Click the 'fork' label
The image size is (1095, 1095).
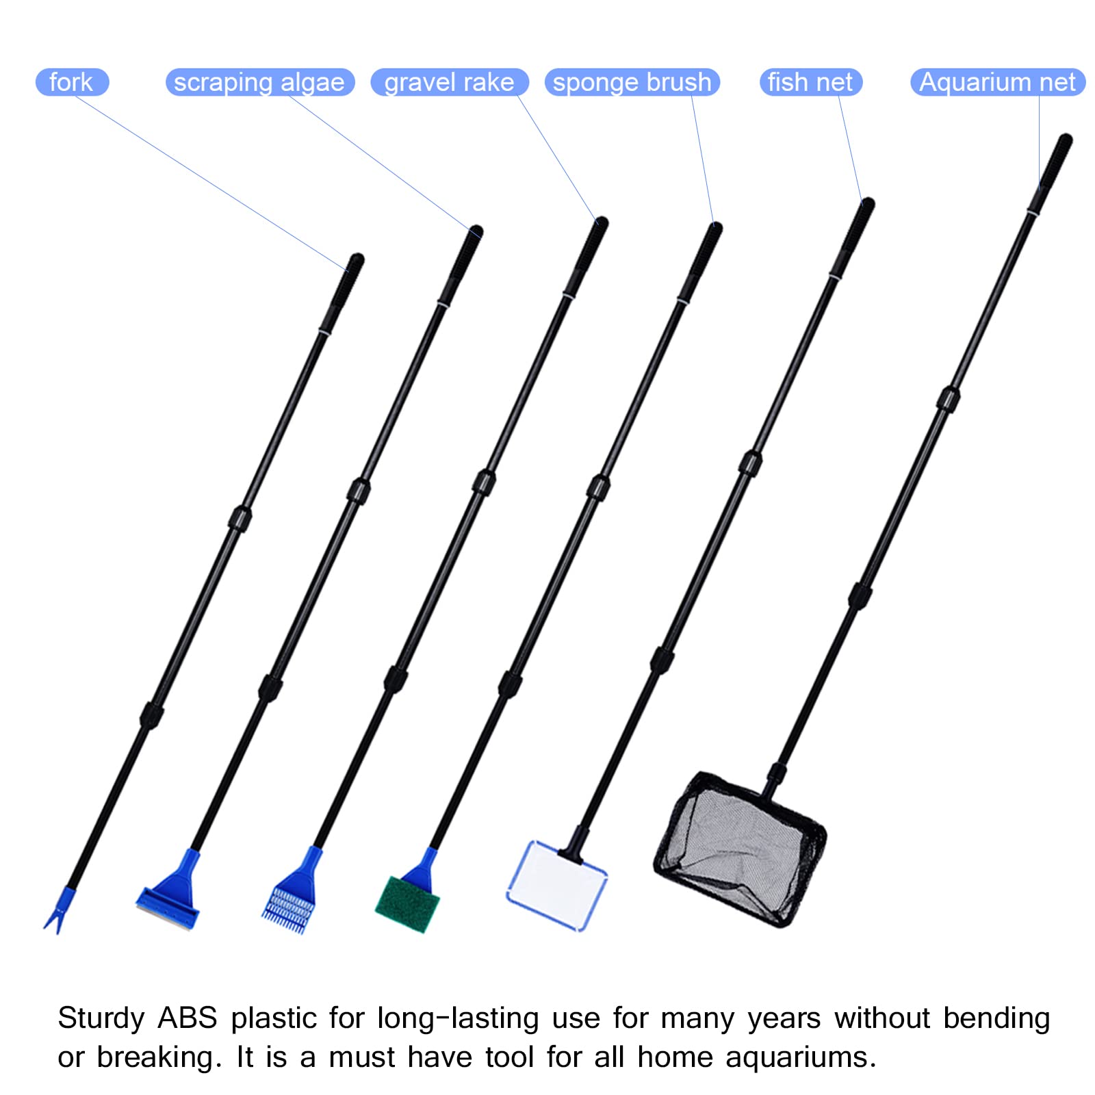(72, 82)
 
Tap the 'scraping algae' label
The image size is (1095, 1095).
(259, 82)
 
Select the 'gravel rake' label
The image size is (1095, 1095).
(449, 82)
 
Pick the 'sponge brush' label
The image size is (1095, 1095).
(632, 82)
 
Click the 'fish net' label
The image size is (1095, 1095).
(810, 82)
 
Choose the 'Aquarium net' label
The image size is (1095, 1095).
(997, 82)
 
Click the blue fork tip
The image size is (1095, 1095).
(59, 910)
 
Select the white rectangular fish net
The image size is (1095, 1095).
(556, 886)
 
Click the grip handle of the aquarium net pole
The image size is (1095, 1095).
(1050, 174)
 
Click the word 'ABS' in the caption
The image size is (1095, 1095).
(187, 1018)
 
